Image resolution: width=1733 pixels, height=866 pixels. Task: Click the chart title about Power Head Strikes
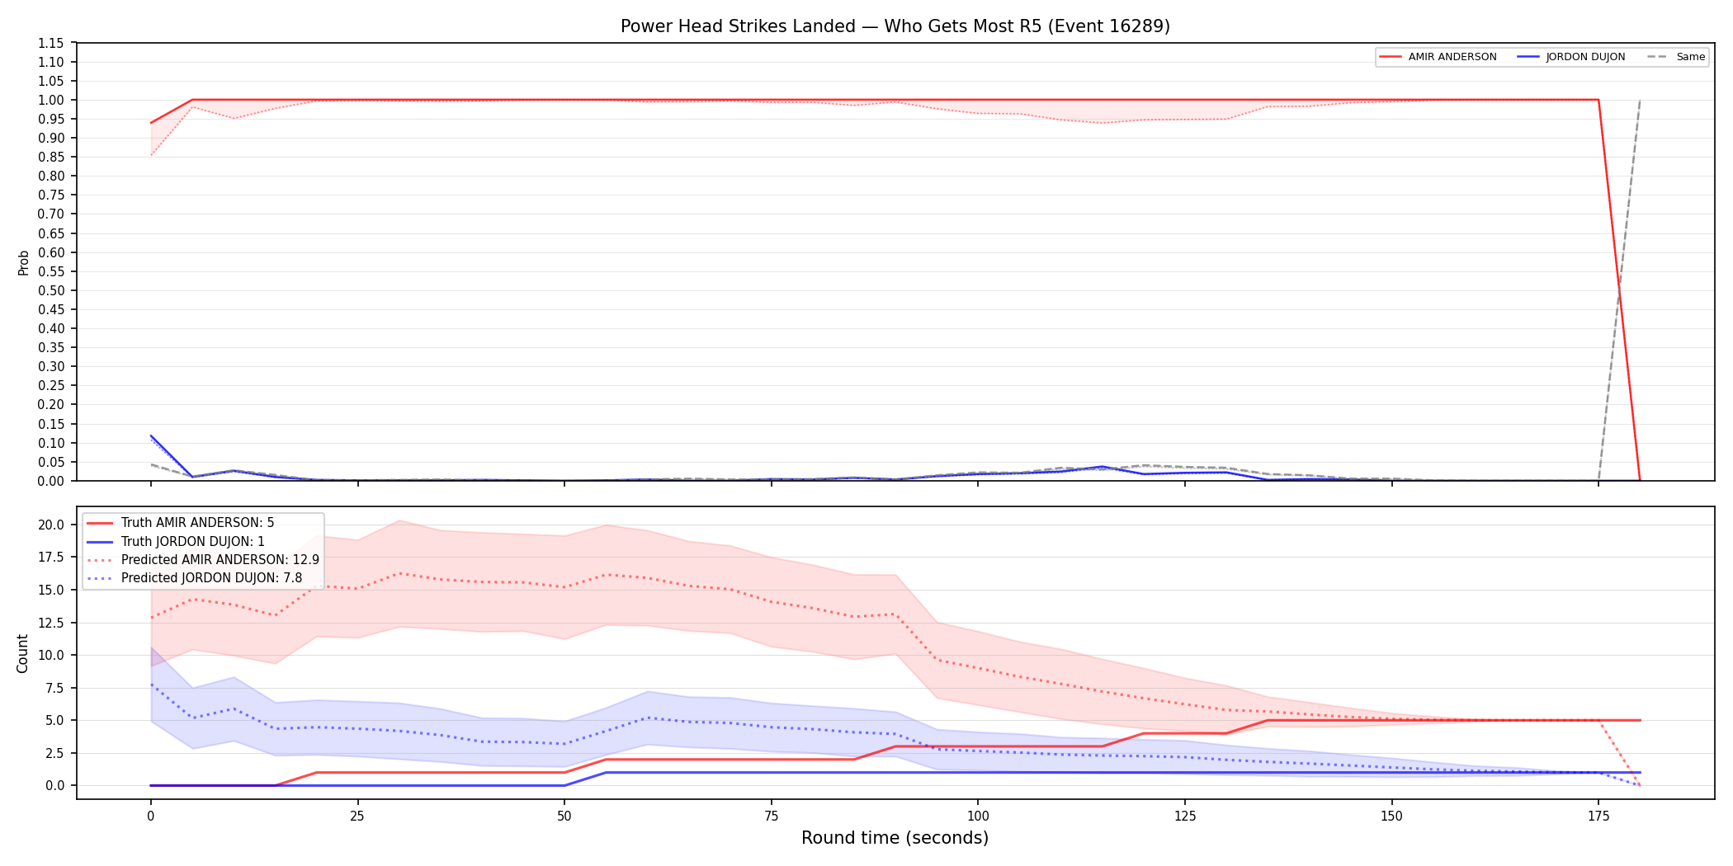tap(895, 26)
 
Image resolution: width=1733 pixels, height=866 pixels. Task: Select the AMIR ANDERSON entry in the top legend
tap(1438, 57)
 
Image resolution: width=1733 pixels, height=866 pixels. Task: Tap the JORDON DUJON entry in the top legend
tap(1571, 57)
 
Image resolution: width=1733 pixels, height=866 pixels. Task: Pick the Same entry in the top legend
tap(1676, 57)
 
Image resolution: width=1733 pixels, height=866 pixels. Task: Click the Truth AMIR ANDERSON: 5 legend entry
tap(181, 523)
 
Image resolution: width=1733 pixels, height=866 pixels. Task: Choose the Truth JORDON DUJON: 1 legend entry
tap(176, 542)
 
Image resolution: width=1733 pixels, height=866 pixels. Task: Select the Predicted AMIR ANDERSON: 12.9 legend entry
tap(203, 560)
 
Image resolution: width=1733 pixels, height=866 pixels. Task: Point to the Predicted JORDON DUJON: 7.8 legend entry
tap(195, 578)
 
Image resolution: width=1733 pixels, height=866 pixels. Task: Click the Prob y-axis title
tap(23, 262)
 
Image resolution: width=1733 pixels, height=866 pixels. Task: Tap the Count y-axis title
tap(22, 653)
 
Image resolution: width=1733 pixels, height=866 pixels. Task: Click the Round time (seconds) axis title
tap(895, 838)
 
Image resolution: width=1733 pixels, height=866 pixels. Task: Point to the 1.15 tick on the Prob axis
tap(51, 43)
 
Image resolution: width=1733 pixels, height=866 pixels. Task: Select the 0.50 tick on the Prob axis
tap(51, 290)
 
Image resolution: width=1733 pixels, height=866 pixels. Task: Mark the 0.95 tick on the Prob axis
tap(51, 119)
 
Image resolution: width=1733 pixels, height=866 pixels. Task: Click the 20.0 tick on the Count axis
tap(51, 525)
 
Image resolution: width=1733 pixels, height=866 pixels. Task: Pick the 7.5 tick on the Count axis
tap(55, 688)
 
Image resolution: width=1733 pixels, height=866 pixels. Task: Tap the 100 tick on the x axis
tap(978, 817)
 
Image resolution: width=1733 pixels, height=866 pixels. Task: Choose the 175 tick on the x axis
tap(1598, 817)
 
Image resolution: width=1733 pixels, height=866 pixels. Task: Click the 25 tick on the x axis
tap(357, 817)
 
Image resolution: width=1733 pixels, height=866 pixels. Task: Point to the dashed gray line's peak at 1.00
tap(1640, 100)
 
